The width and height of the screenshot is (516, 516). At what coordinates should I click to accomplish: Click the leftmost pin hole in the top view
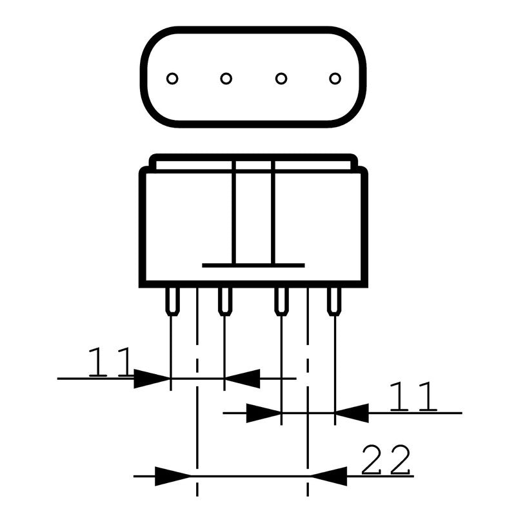coord(172,79)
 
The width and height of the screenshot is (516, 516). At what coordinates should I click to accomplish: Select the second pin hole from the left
coord(226,79)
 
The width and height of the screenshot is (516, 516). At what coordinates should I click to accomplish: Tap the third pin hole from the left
coord(281,79)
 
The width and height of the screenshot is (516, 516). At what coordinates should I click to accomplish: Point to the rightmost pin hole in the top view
coord(334,79)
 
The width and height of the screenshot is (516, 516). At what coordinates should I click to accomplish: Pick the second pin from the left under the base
coord(224,301)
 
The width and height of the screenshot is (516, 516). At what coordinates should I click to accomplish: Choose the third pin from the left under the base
coord(281,301)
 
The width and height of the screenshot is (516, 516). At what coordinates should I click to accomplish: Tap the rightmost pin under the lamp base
coord(333,301)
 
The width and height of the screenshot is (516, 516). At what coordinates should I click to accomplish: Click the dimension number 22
coord(386,461)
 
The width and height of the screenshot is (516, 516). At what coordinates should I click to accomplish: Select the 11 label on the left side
coord(110,362)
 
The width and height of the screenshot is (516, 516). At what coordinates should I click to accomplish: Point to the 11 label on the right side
coord(413,397)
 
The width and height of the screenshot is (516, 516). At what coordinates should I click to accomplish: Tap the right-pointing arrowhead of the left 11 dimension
coord(152,379)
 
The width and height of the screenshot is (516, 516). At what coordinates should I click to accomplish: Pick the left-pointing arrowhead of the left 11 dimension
coord(242,379)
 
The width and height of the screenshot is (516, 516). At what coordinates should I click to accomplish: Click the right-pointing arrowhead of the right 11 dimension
coord(264,413)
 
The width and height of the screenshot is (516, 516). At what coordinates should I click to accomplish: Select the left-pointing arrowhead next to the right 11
coord(352,413)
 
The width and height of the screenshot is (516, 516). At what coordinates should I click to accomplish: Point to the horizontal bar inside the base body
coord(253,265)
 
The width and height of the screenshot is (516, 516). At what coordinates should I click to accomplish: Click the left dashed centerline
coord(197,419)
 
